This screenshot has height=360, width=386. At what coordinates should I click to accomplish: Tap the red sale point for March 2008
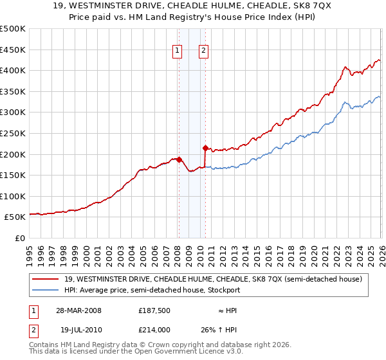[x=179, y=159]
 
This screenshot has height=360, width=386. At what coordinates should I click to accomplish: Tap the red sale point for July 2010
[x=205, y=148]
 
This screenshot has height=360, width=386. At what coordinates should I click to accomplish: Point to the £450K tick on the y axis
[x=13, y=50]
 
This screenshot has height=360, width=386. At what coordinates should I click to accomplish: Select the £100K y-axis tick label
[x=13, y=197]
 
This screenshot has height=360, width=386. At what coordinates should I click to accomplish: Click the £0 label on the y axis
[x=19, y=239]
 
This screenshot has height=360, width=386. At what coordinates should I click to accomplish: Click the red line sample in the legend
[x=46, y=279]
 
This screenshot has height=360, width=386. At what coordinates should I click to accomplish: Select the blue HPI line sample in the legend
[x=46, y=290]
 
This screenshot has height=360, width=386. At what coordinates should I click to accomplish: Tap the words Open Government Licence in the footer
[x=199, y=353]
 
